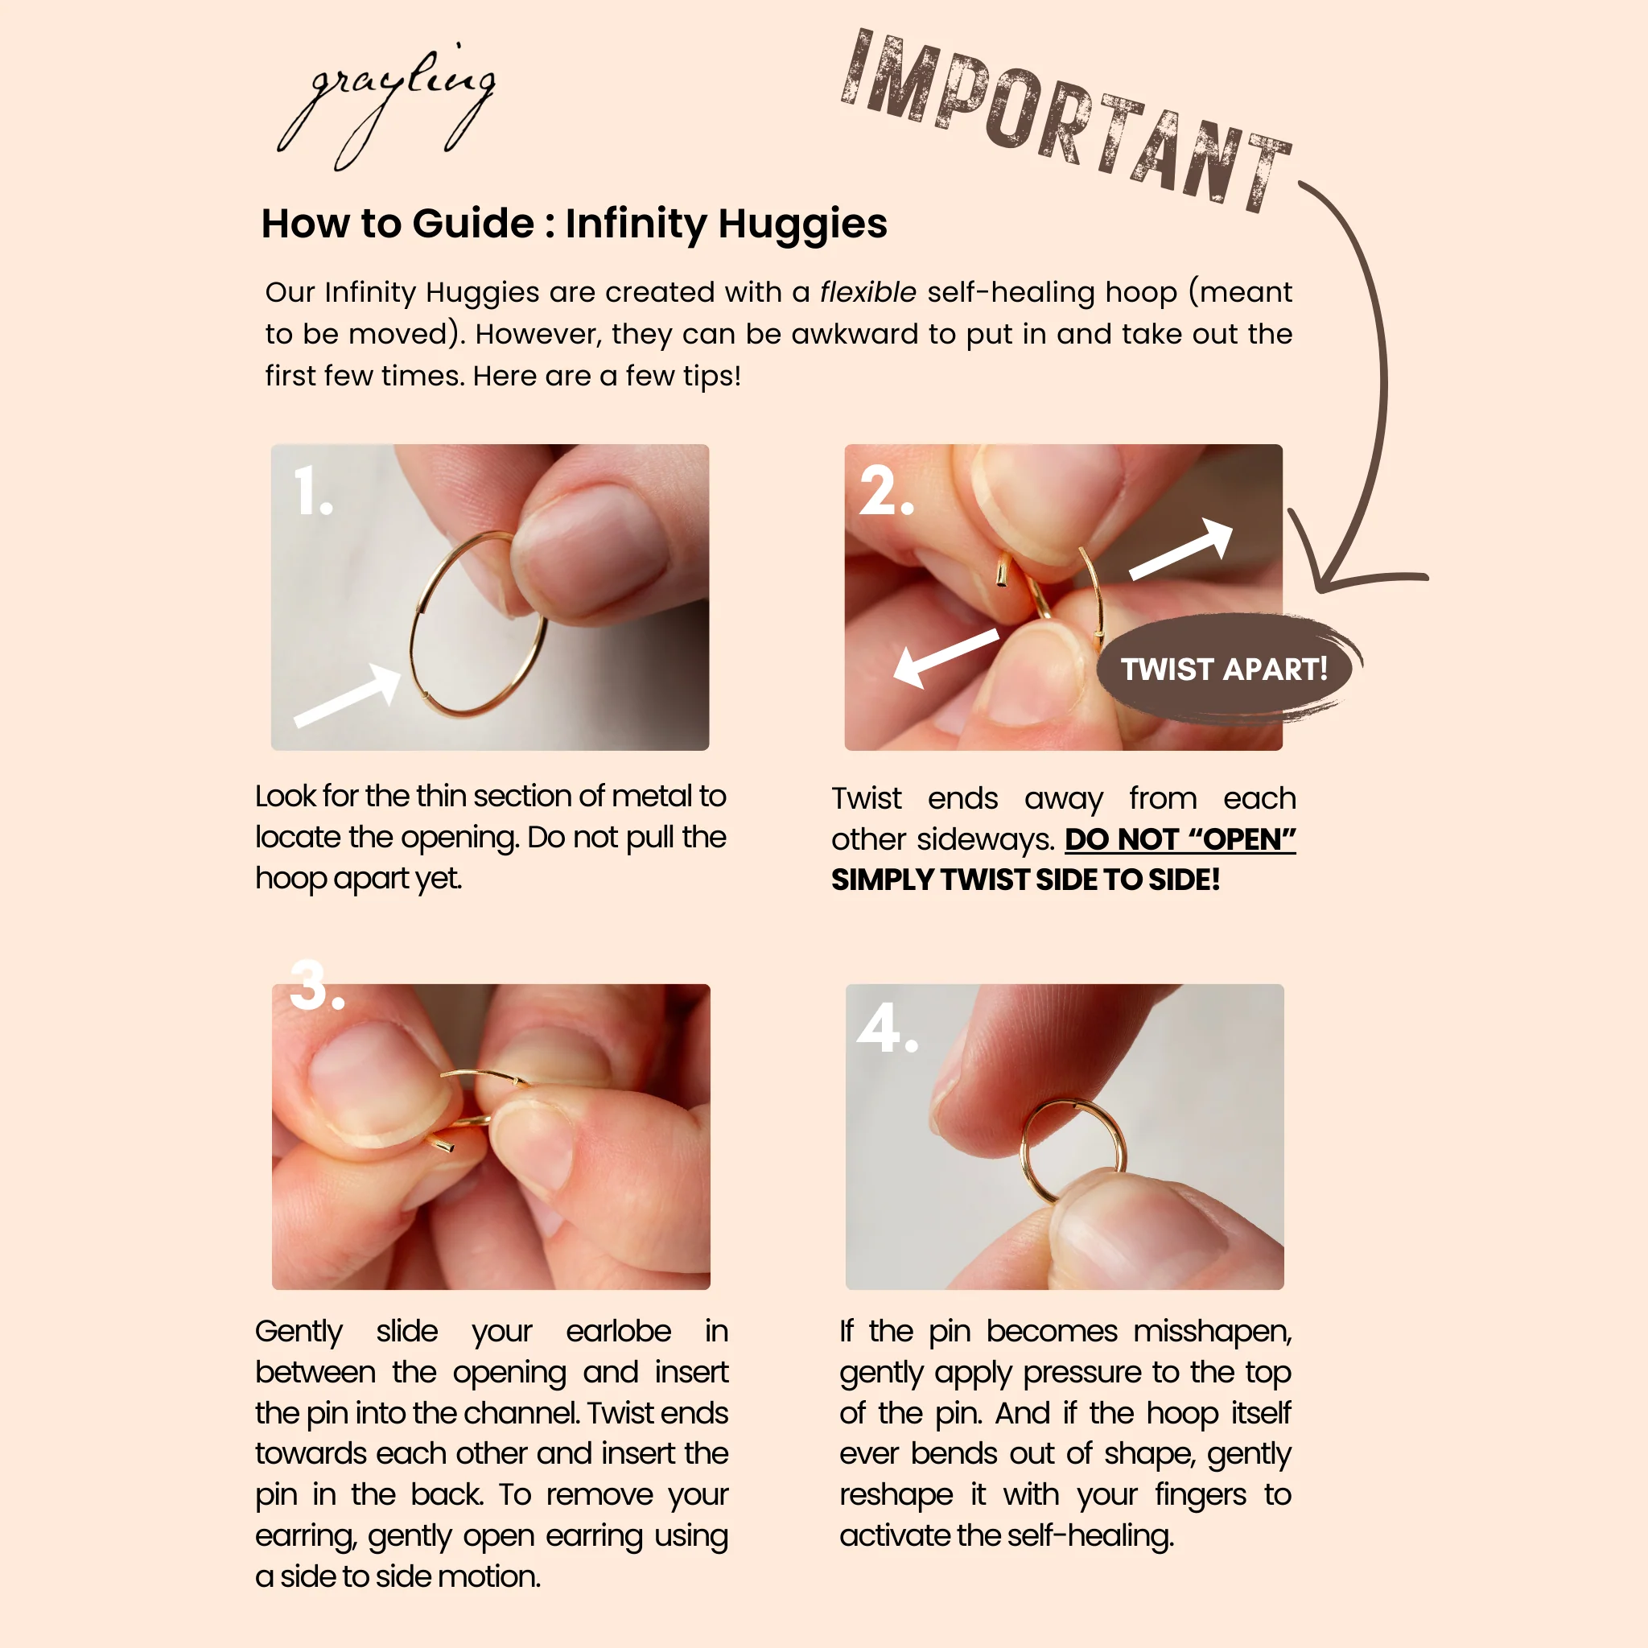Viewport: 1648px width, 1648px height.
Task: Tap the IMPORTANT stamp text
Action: point(1066,119)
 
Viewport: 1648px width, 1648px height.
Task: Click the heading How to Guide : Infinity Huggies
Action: point(574,224)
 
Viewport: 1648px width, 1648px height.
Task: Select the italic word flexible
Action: point(867,292)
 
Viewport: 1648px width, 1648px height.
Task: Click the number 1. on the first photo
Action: point(313,492)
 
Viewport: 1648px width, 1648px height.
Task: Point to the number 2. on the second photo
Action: point(886,492)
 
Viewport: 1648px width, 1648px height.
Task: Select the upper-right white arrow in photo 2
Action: point(1181,549)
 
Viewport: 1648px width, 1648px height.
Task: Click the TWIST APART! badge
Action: point(1225,669)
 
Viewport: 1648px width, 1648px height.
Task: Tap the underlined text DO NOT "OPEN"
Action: point(1180,839)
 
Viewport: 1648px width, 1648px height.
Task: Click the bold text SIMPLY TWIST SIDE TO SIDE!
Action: point(1025,880)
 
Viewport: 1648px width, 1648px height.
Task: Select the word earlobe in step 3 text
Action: point(619,1331)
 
